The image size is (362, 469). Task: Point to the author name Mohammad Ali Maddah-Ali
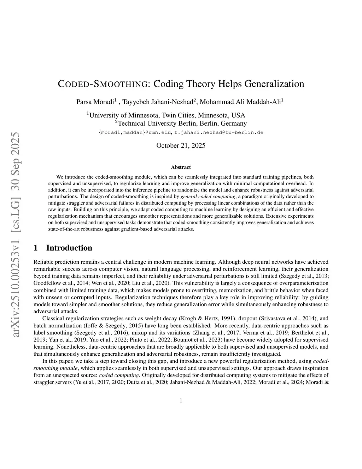point(241,102)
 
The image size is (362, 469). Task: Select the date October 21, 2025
point(181,145)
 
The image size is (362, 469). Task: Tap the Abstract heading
point(181,167)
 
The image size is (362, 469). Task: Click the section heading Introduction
point(69,248)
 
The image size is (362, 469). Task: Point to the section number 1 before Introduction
point(36,248)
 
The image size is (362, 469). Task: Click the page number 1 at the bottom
point(181,400)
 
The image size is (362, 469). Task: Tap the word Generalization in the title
point(274,84)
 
